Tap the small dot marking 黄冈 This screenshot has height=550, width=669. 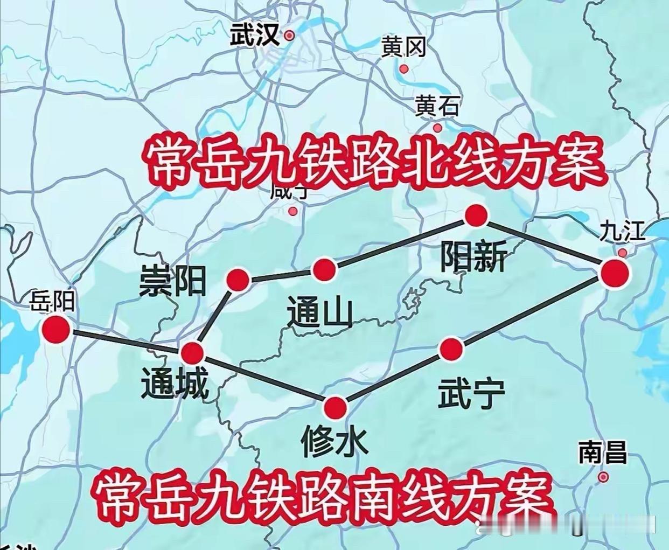[403, 68]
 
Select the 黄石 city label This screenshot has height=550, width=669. [437, 106]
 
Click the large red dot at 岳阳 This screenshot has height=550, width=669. [57, 329]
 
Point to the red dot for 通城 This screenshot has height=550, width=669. [192, 353]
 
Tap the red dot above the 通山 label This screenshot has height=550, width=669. [324, 269]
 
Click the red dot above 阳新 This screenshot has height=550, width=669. [476, 216]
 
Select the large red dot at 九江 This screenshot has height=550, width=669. [615, 274]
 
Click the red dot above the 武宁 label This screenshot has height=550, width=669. [451, 350]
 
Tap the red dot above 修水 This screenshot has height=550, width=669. [336, 408]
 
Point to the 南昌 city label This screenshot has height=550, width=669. [603, 453]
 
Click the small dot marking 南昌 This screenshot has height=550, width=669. [603, 477]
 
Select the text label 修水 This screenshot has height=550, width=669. [336, 441]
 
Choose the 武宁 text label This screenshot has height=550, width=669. [471, 394]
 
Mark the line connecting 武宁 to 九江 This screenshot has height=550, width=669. [533, 311]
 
